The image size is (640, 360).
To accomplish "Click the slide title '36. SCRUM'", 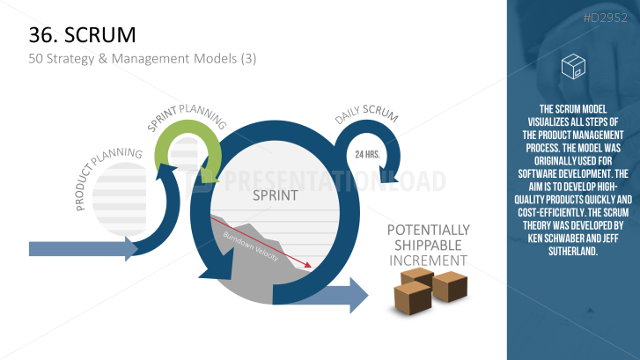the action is coord(82,34).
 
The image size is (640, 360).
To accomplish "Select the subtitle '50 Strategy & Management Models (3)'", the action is coord(143,59).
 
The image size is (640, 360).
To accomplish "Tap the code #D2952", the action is coord(605,18).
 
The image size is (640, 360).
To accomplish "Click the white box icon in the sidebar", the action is coord(573,66).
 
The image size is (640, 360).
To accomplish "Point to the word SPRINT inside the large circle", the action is coord(276,195).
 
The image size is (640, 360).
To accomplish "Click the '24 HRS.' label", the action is coord(367,154).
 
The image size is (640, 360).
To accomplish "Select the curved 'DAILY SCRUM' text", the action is coord(366,114).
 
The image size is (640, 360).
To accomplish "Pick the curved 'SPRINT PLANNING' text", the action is coord(187,117).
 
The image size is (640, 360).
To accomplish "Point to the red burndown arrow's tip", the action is coord(311,268).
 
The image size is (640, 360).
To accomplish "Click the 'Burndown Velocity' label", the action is coord(251,246).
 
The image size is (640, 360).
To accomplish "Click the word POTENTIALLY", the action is coord(429,230).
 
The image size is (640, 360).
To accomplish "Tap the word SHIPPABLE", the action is coord(428,245).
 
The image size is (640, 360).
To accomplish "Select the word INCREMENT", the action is coord(428,261).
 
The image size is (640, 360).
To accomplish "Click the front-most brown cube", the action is coord(412,298).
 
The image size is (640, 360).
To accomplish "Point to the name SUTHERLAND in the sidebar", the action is coord(573,251).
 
